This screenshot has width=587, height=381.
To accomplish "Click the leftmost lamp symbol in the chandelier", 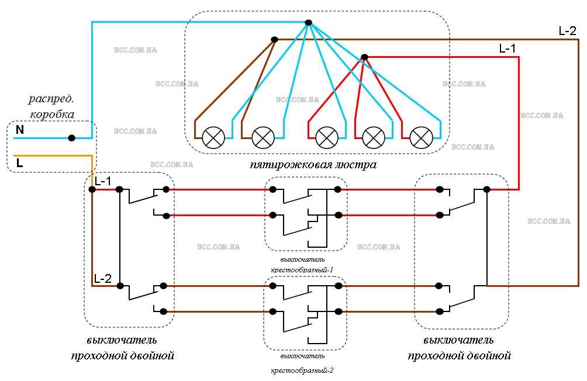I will tap(213, 138).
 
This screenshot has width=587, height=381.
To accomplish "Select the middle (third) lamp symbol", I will tap(326, 138).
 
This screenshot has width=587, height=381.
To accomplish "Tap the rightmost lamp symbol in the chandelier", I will tap(420, 138).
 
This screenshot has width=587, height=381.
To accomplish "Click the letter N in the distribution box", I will tap(20, 130).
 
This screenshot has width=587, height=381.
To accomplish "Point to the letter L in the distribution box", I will tap(20, 164).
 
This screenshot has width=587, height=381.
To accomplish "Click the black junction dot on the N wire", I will tap(71, 138).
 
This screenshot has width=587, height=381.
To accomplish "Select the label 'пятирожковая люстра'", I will tap(313, 165).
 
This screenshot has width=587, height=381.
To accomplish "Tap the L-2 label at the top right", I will tap(567, 31).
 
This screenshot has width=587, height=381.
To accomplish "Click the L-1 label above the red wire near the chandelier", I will tap(507, 49).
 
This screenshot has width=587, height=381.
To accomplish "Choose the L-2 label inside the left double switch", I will tap(102, 279).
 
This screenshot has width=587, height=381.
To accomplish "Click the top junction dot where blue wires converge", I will tap(309, 23).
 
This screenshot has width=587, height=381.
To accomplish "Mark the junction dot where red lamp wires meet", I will tap(364, 57).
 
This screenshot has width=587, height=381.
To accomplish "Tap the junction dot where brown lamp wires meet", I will tap(274, 40).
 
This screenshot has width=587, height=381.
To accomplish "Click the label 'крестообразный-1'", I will tap(302, 270).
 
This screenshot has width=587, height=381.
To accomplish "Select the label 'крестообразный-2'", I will tap(302, 370).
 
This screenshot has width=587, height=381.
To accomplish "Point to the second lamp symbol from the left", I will tap(263, 138).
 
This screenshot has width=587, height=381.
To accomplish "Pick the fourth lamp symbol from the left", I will tap(373, 138).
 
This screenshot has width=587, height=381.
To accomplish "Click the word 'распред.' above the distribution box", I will tap(51, 99).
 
